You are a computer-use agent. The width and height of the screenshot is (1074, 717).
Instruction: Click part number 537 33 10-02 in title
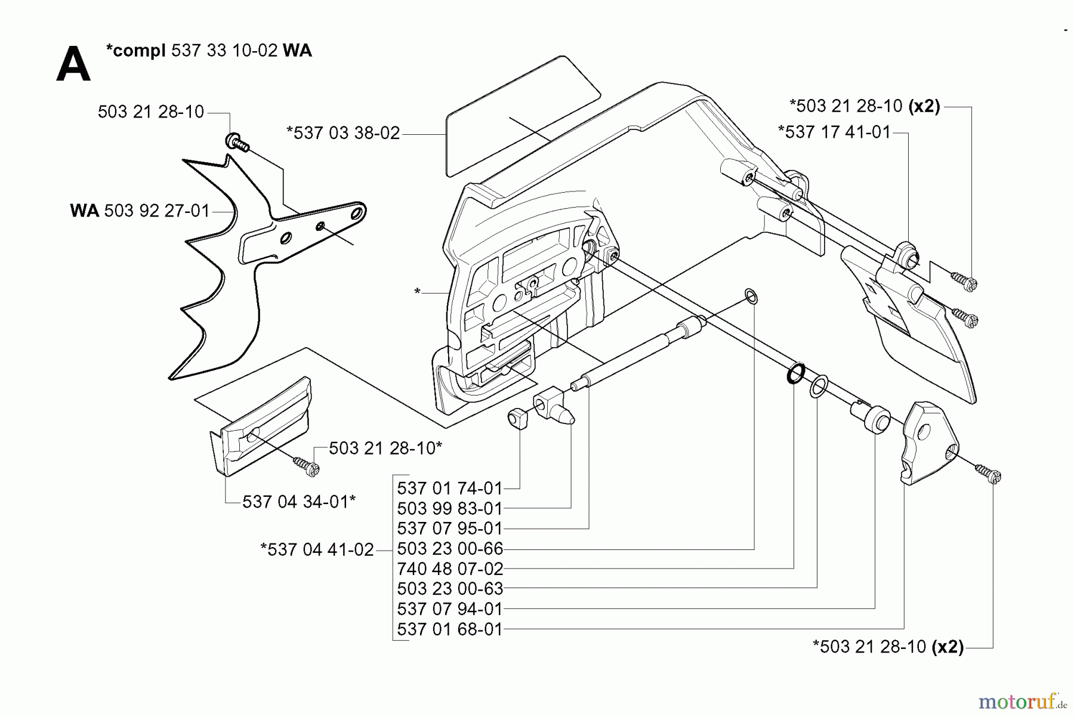click(224, 51)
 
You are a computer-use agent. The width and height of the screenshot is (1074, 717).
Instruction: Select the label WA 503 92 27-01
click(140, 211)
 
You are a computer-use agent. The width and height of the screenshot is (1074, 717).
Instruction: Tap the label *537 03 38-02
click(343, 133)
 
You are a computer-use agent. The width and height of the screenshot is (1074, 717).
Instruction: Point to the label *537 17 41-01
click(834, 132)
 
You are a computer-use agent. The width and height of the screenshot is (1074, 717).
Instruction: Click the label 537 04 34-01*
click(298, 502)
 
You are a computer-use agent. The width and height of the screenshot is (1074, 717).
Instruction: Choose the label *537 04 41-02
click(317, 549)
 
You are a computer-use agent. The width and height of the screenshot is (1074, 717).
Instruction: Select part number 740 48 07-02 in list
click(450, 568)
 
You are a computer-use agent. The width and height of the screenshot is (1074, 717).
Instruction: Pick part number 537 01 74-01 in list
click(450, 489)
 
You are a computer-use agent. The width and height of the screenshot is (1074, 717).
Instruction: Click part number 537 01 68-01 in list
click(450, 629)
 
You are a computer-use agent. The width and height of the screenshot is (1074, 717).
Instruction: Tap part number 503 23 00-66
click(450, 549)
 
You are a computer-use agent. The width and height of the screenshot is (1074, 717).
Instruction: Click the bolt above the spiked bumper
click(236, 143)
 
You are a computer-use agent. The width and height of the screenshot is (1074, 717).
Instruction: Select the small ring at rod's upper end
click(752, 296)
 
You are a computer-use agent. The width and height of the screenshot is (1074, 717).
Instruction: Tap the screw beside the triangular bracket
click(987, 474)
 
